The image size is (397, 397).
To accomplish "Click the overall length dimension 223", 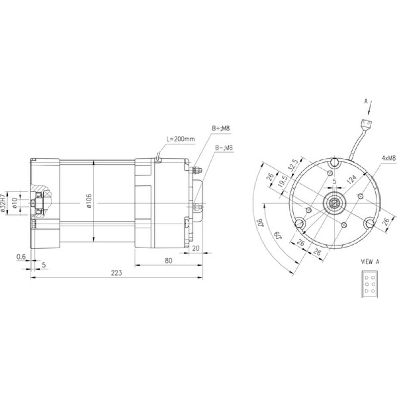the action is tap(117, 273).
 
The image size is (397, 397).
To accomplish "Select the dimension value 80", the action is tap(168, 261).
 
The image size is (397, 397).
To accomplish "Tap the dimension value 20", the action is tap(196, 249).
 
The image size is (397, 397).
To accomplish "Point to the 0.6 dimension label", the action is tap(21, 257).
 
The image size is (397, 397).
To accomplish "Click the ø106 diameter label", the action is tap(89, 201).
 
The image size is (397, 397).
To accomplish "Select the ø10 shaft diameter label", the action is tap(15, 203).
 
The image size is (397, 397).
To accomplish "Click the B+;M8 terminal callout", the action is tap(221, 128).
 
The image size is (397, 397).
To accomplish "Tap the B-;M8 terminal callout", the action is tap(224, 147).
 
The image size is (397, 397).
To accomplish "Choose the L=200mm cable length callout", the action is tap(181, 139).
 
